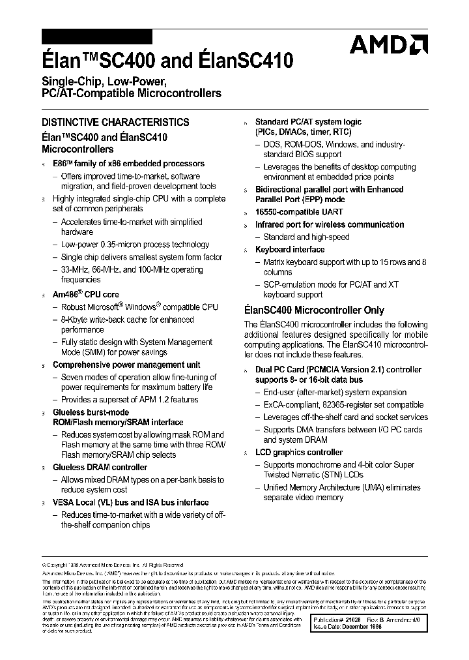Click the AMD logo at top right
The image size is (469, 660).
click(x=388, y=46)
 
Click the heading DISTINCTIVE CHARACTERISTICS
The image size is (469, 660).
click(x=115, y=122)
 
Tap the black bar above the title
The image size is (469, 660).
click(x=96, y=37)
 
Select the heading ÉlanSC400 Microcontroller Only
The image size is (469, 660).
click(x=314, y=310)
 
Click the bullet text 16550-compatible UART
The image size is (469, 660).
click(x=299, y=212)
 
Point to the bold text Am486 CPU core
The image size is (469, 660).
click(x=86, y=294)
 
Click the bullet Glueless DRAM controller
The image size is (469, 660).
click(x=100, y=467)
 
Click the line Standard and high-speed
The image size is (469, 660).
click(x=306, y=237)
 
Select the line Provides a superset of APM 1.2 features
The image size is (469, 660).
click(x=130, y=400)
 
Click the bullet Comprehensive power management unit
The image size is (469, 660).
click(x=126, y=365)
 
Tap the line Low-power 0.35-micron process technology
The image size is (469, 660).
click(x=135, y=245)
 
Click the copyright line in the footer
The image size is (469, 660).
click(x=114, y=565)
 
